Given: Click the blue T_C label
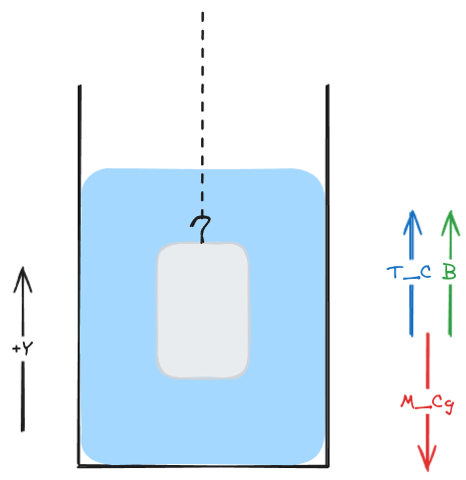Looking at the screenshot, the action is [409, 273].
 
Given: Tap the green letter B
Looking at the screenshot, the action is [449, 272].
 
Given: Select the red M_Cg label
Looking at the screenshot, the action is [427, 403].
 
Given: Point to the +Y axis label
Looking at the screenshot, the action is [23, 349].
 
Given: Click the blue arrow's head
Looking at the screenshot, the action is [412, 222].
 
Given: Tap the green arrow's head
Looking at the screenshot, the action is [450, 223].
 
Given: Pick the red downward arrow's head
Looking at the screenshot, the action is [427, 459].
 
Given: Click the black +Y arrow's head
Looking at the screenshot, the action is [23, 280].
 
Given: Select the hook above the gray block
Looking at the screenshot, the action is [201, 229].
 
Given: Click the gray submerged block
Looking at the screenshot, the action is [203, 311].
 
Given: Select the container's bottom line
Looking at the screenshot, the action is [203, 466].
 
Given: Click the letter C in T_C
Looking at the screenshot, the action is [426, 272].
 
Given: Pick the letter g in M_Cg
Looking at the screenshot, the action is [449, 405].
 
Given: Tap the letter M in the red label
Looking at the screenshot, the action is [407, 401].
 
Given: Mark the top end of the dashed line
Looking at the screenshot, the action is [202, 12].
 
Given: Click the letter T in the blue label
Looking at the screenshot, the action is [394, 272].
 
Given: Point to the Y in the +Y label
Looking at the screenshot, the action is [27, 349].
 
